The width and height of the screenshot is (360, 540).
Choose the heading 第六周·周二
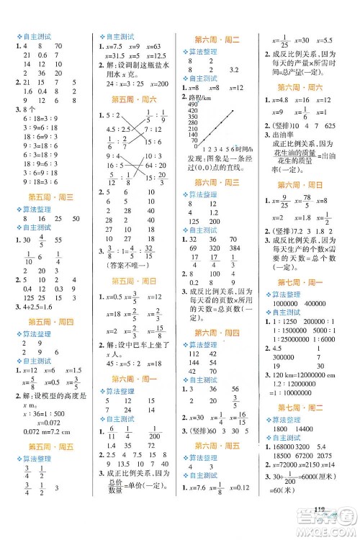[x=224, y=42]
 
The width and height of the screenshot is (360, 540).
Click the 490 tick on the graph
[x=192, y=104]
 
